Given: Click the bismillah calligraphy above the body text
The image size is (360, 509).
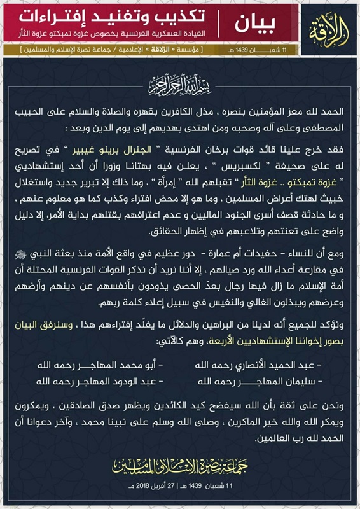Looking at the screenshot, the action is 179,85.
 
